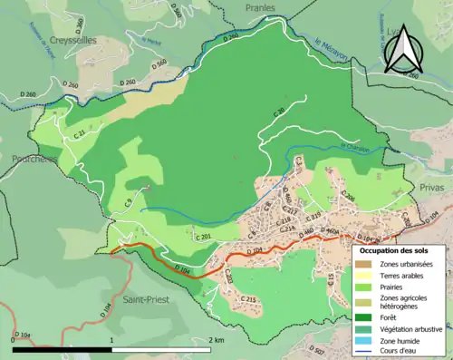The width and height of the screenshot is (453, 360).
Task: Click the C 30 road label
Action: tap(278, 112)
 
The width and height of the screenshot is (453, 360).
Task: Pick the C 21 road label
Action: tap(79, 134)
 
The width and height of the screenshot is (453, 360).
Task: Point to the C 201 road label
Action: tap(205, 237)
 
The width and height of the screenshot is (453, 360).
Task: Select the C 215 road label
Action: tap(250, 300)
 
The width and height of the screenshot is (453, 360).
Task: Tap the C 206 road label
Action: tap(347, 196)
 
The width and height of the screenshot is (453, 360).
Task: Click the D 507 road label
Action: tap(316, 350)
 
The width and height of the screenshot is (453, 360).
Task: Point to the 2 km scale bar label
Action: tap(216, 339)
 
